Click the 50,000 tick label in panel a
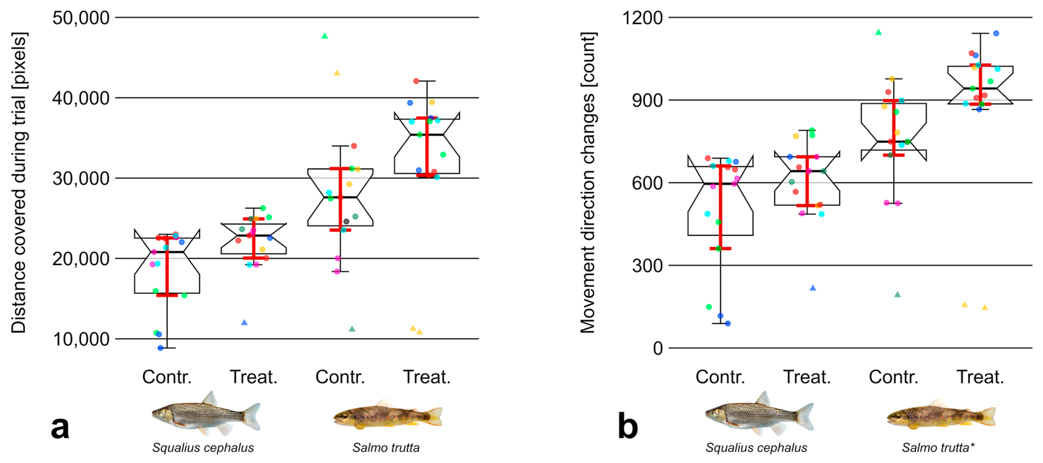pyautogui.click(x=81, y=18)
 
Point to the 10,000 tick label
pyautogui.click(x=81, y=339)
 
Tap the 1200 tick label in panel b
pyautogui.click(x=642, y=18)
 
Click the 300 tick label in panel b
pyautogui.click(x=647, y=266)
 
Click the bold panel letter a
pyautogui.click(x=60, y=427)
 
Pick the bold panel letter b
pyautogui.click(x=628, y=427)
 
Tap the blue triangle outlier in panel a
pyautogui.click(x=244, y=323)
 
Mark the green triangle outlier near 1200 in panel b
pyautogui.click(x=878, y=32)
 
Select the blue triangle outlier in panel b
pyautogui.click(x=813, y=288)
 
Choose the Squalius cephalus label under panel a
pyautogui.click(x=203, y=447)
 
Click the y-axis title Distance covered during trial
pyautogui.click(x=19, y=182)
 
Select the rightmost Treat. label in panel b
pyautogui.click(x=980, y=377)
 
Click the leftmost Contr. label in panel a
pyautogui.click(x=167, y=377)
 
